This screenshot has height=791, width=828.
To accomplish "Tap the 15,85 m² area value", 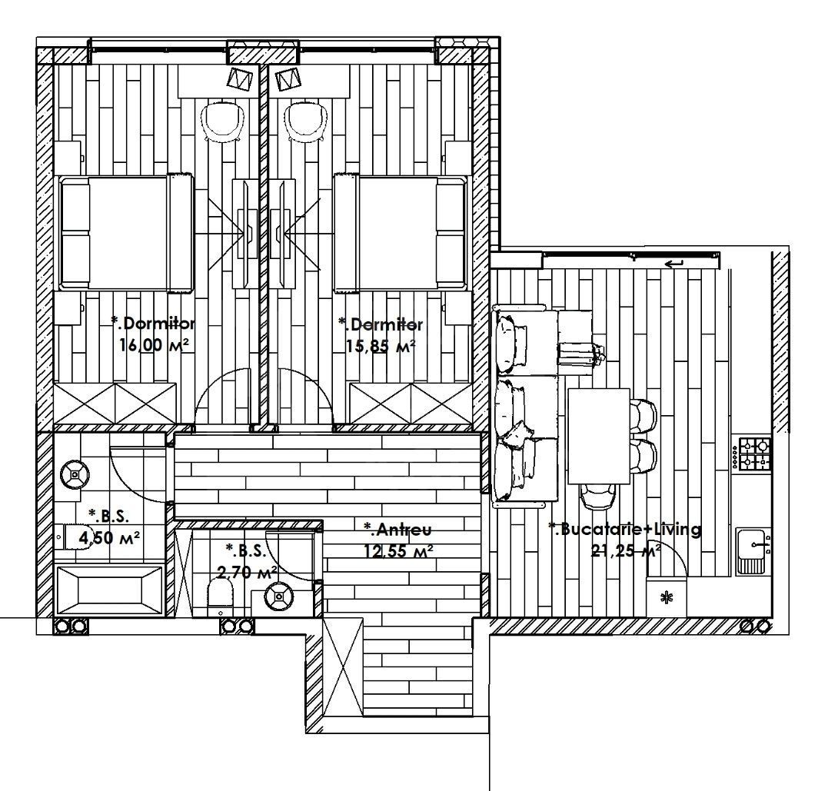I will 381,346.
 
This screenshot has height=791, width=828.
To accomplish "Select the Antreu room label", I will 398,529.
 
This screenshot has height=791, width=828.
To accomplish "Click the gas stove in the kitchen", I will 754,454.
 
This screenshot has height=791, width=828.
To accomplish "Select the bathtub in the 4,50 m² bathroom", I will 111,590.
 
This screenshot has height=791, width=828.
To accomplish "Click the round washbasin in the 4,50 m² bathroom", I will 75,475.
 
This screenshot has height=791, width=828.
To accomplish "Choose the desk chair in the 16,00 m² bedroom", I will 224,121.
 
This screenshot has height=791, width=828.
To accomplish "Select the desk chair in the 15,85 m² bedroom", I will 307,121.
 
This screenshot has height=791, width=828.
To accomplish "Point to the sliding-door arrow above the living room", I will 674,264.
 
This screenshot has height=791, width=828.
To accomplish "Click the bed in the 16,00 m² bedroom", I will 127,234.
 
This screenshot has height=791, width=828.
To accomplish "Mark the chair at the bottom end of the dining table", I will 597,497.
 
